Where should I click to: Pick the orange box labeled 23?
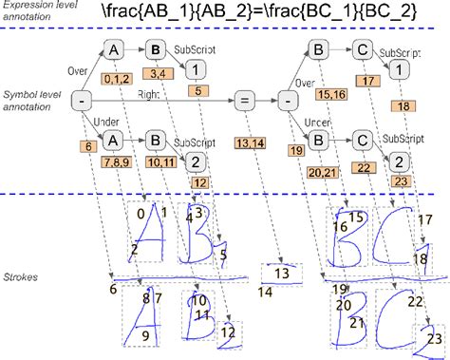coord(402,180)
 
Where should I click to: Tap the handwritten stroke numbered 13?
coord(279,273)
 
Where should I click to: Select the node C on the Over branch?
coord(362,50)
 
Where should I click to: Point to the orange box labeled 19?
coord(295,150)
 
